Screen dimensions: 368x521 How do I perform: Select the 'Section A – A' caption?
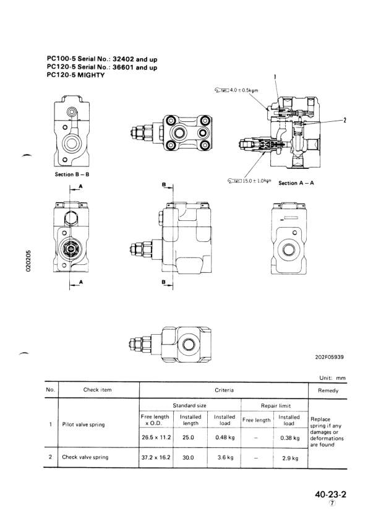296,183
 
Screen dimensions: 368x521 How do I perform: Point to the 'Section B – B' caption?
72,174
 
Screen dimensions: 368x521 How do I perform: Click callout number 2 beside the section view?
344,120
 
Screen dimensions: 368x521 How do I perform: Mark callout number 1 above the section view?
275,77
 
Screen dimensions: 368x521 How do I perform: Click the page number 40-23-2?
330,494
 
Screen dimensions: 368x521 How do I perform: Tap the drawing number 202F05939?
330,357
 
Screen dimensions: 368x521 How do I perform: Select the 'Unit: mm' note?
333,378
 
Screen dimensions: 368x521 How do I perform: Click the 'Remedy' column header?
328,390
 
